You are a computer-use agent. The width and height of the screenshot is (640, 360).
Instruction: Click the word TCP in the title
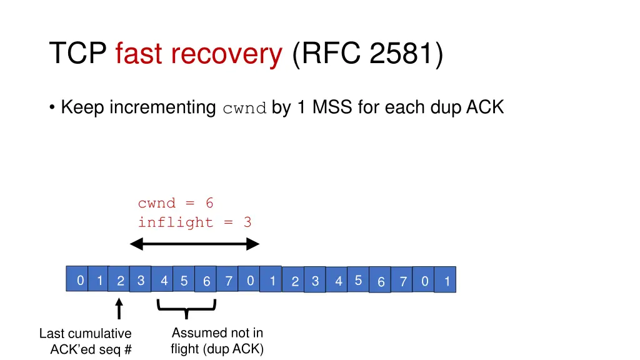point(79,54)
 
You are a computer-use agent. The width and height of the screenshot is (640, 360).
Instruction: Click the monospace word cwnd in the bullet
point(245,108)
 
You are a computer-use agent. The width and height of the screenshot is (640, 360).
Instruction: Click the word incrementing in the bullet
point(162,108)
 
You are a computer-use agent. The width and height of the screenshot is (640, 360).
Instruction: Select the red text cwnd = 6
point(176,203)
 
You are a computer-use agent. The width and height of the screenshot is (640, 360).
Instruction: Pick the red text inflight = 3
point(194,222)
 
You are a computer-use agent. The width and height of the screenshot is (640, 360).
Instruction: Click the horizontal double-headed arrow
point(194,244)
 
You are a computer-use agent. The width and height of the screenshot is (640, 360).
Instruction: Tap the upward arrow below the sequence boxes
point(119,309)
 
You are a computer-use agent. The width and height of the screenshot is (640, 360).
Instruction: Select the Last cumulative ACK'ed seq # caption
point(86,341)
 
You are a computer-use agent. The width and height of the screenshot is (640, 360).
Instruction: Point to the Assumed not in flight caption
point(217,341)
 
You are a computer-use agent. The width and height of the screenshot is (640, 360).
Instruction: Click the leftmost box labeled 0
point(79,281)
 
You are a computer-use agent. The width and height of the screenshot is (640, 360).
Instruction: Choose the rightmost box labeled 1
point(446,282)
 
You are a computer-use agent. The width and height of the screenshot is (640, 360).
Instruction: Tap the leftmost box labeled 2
point(120,282)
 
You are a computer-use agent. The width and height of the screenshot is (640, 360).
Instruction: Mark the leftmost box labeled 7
point(229,282)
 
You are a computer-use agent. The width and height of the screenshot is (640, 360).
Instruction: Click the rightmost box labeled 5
point(358,281)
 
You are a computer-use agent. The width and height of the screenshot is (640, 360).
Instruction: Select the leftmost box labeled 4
point(164,281)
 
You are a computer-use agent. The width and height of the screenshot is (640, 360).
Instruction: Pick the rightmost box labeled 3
point(315,282)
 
